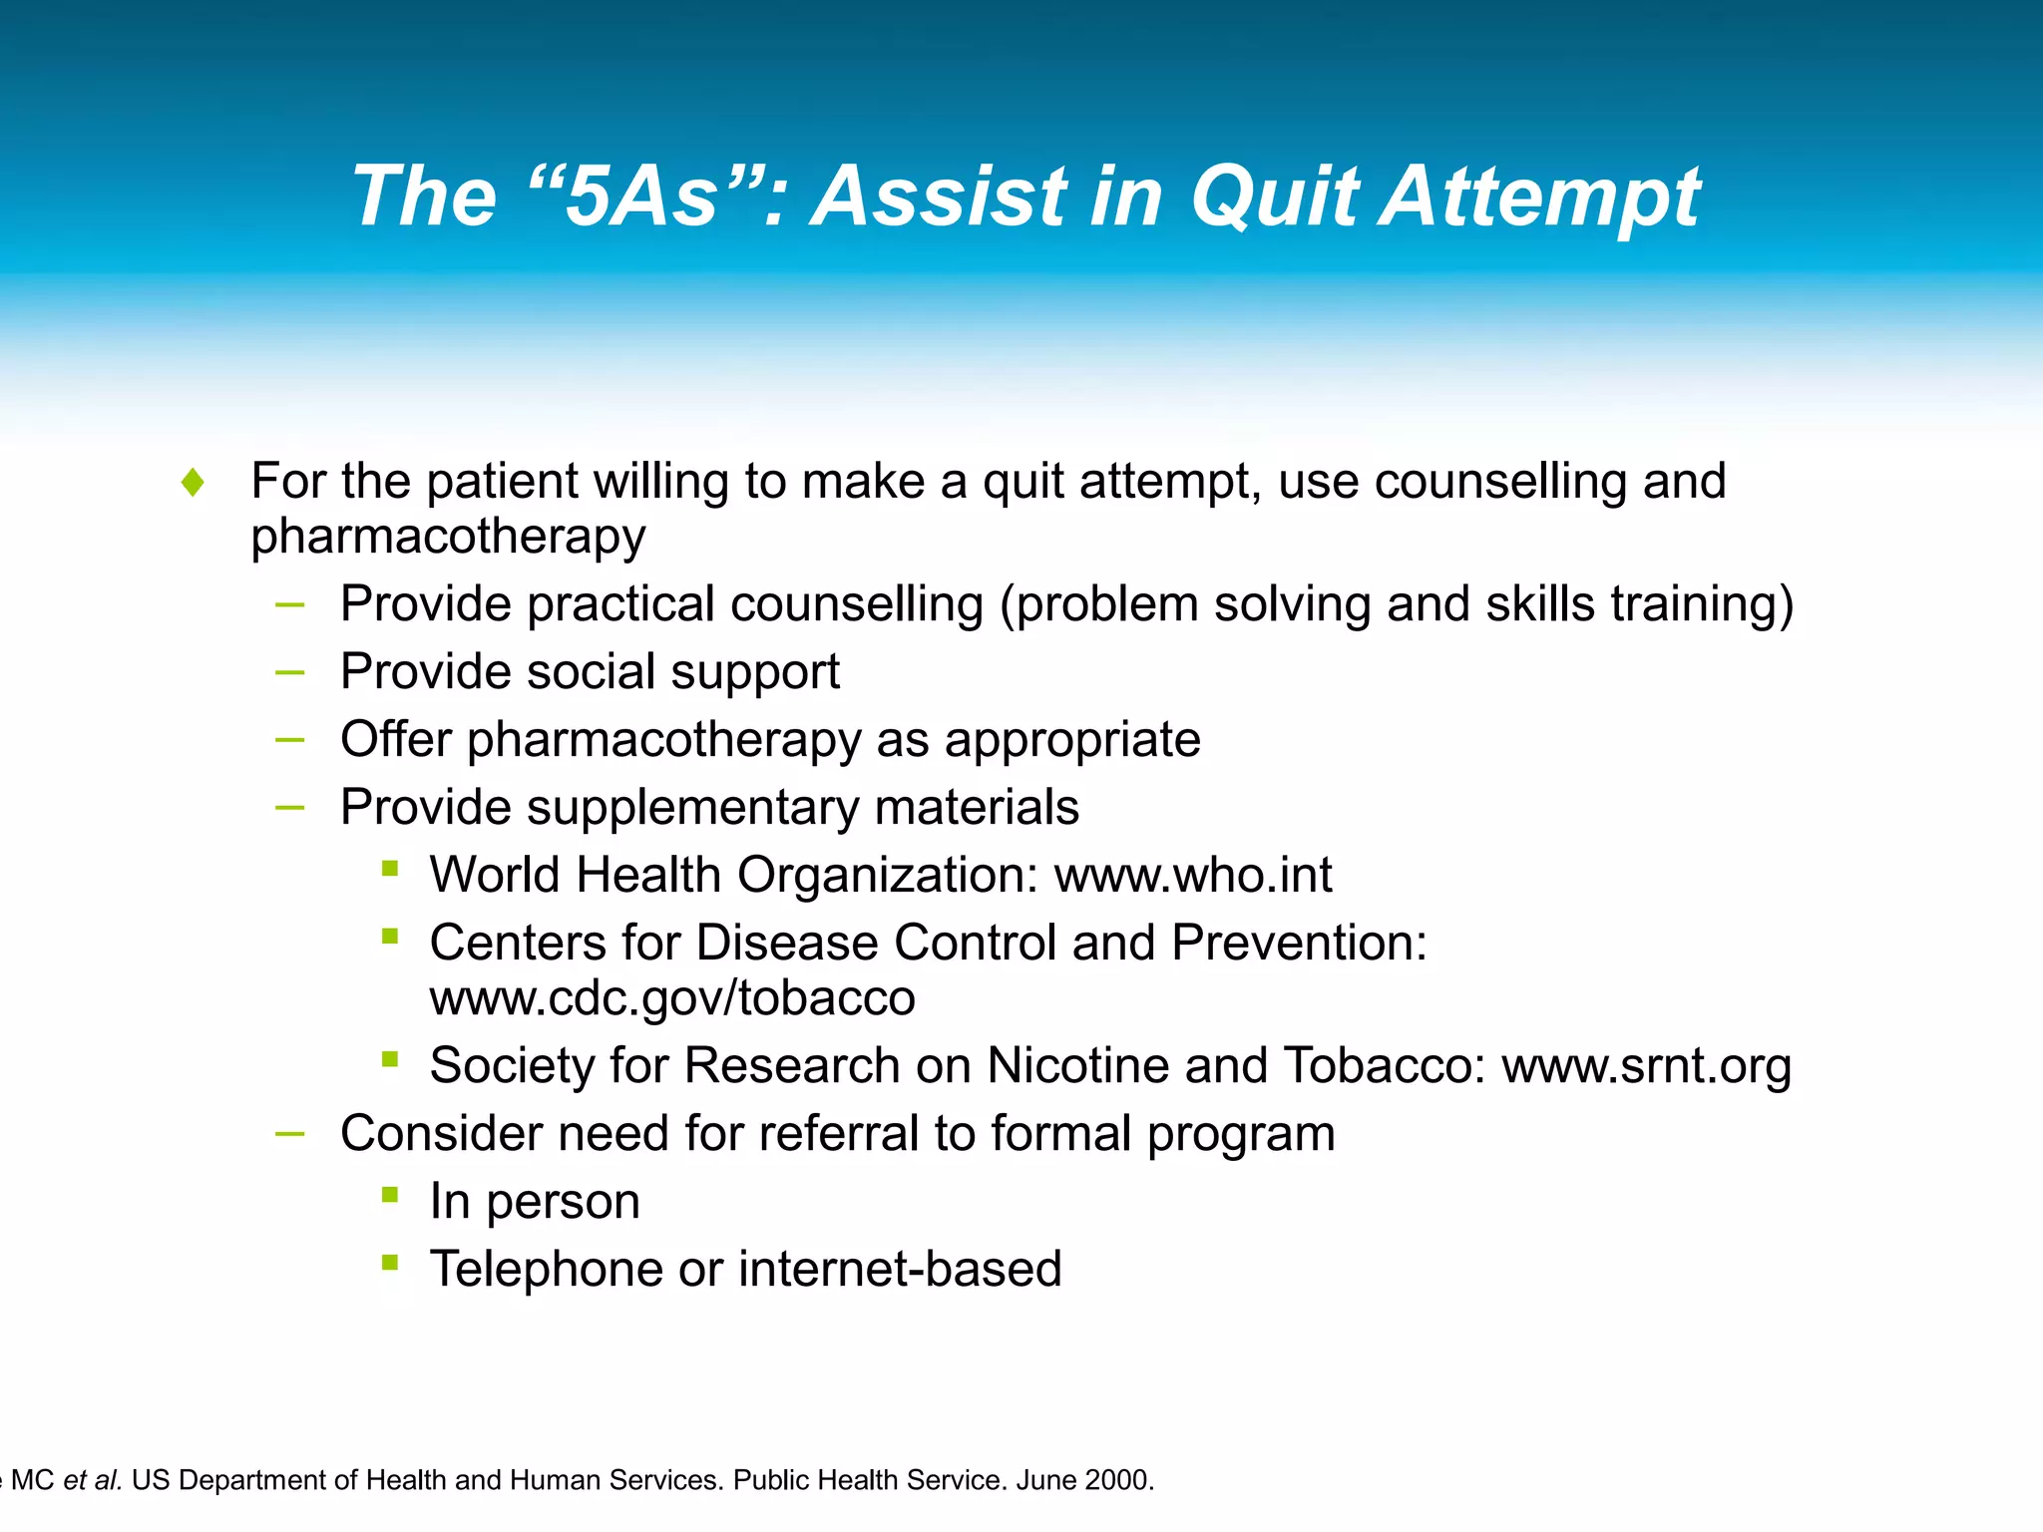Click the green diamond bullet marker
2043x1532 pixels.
(194, 483)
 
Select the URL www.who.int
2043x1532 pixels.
(1193, 876)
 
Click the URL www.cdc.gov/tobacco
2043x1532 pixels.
(671, 998)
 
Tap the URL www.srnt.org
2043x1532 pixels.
(1646, 1066)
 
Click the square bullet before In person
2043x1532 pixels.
(390, 1194)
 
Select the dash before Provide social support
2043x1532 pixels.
(289, 673)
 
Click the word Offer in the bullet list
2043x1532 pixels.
(395, 740)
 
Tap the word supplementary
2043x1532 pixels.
(692, 808)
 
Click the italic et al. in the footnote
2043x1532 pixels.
(93, 1480)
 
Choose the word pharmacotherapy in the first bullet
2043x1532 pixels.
(448, 537)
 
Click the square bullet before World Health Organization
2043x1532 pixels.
(390, 868)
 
